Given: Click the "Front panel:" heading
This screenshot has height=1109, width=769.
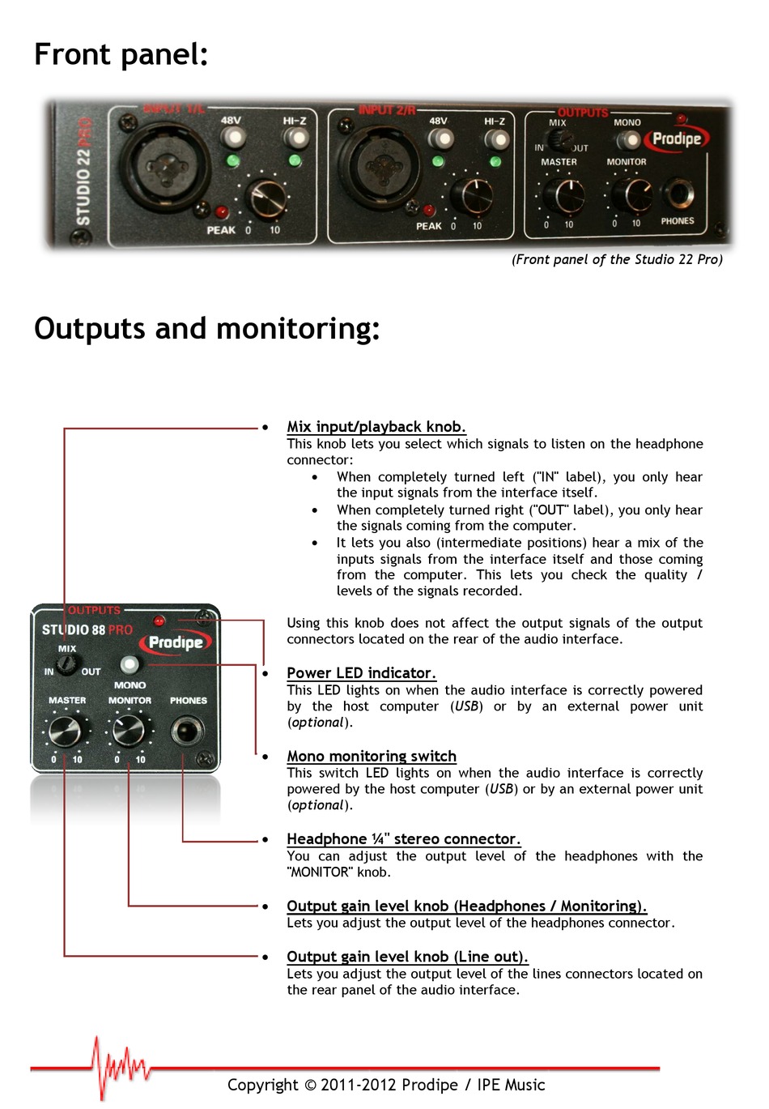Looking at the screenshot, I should click(121, 54).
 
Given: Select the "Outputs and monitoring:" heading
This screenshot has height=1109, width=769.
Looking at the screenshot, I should click(207, 328).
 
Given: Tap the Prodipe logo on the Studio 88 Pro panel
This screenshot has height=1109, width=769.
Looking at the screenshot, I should click(176, 642).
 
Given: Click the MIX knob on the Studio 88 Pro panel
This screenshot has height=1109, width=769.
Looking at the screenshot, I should click(67, 666).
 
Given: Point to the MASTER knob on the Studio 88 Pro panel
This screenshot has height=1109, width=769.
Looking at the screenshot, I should click(65, 732).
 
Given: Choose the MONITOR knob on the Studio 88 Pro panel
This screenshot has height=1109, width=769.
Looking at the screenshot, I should click(128, 731).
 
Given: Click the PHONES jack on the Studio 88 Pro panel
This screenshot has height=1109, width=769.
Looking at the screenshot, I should click(186, 732).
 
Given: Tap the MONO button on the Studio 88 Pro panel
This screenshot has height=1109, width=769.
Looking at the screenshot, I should click(129, 665).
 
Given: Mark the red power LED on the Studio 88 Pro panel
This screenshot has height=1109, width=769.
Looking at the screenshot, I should click(159, 621).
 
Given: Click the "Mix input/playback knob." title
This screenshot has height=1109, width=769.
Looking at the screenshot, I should click(376, 427).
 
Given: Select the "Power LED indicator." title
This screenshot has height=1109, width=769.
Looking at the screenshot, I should click(361, 673).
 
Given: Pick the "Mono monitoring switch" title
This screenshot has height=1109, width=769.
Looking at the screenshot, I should click(372, 756).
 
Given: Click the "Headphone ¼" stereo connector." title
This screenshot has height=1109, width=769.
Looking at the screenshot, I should click(403, 839).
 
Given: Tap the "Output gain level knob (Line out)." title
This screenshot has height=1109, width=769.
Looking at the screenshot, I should click(407, 957).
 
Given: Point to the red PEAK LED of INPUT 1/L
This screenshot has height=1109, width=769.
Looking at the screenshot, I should click(221, 212).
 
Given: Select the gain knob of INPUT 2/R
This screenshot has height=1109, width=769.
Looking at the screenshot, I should click(470, 195).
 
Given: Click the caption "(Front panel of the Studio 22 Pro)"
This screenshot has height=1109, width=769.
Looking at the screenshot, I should click(617, 259).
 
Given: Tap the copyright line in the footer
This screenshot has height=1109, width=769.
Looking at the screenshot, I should click(386, 1085).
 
